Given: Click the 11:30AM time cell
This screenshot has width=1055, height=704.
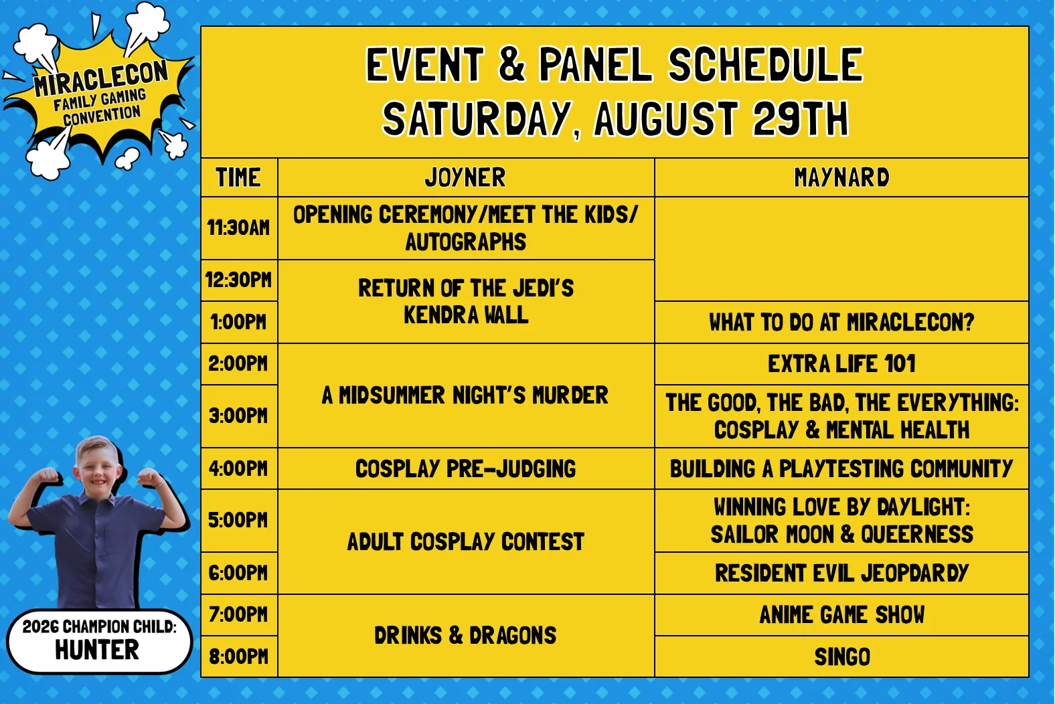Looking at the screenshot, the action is (x=239, y=228).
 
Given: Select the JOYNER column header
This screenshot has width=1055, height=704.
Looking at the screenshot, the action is (x=466, y=177).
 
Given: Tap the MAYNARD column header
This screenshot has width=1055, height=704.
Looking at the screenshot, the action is (x=841, y=177).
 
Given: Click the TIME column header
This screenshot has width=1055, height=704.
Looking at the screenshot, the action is (x=239, y=177).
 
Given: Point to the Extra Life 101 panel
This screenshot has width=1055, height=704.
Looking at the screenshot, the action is (x=841, y=364).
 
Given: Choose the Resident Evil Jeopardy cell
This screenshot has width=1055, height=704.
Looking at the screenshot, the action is (x=841, y=573).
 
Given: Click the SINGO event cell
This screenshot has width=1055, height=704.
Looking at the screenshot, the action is (x=841, y=657).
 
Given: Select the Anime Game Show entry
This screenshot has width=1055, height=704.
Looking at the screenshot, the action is (x=841, y=615).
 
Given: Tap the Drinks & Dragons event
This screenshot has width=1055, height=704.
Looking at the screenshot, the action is (x=466, y=636).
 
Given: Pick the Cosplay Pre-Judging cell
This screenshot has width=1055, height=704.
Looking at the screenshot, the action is (x=466, y=468).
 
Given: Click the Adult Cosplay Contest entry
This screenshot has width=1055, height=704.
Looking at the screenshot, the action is (x=466, y=541).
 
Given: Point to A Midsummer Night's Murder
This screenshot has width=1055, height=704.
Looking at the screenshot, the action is (x=466, y=395).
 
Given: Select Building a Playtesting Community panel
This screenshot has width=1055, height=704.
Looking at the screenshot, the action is (x=841, y=468).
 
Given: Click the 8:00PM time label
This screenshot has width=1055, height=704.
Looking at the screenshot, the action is (x=239, y=657).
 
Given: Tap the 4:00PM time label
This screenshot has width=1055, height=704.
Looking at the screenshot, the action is (x=239, y=469).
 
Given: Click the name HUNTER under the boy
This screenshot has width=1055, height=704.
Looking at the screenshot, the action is (x=97, y=650).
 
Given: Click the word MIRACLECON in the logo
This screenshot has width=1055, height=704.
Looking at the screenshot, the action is (x=101, y=78).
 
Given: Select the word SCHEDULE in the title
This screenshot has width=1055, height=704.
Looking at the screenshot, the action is (x=766, y=64).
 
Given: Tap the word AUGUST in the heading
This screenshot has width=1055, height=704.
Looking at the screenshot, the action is (x=666, y=118).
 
